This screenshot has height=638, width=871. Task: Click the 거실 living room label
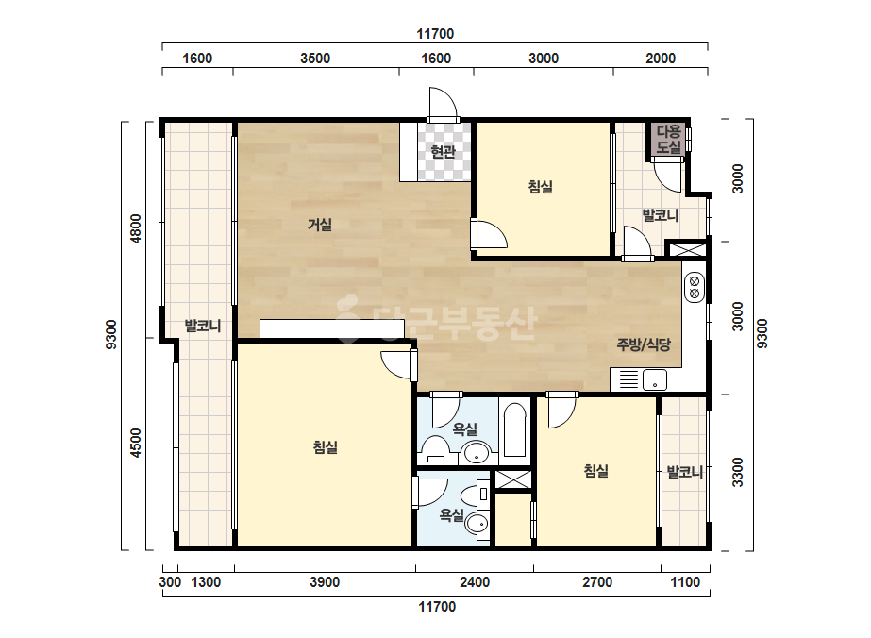click(320, 225)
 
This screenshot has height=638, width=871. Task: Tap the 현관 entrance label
click(444, 151)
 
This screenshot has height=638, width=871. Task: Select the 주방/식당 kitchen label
click(644, 344)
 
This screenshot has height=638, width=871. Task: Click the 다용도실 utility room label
click(669, 139)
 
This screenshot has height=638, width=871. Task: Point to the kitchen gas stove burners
click(694, 287)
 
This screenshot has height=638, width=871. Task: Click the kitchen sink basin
click(655, 380)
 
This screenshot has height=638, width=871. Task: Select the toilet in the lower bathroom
click(477, 512)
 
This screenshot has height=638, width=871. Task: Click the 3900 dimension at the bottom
click(325, 582)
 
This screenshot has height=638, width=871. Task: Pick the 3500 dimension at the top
click(315, 59)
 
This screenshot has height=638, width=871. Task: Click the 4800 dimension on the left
click(136, 228)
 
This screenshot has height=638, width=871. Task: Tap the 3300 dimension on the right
click(737, 472)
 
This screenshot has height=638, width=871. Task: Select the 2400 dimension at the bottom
click(475, 582)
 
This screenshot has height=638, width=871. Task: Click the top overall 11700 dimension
click(435, 34)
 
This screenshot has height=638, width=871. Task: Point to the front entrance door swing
click(443, 103)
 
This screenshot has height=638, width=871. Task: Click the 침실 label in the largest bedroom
click(326, 446)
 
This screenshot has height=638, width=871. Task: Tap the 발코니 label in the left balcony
click(203, 326)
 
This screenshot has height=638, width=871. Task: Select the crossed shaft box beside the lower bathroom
click(512, 479)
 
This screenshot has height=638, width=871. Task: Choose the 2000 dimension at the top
click(661, 59)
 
